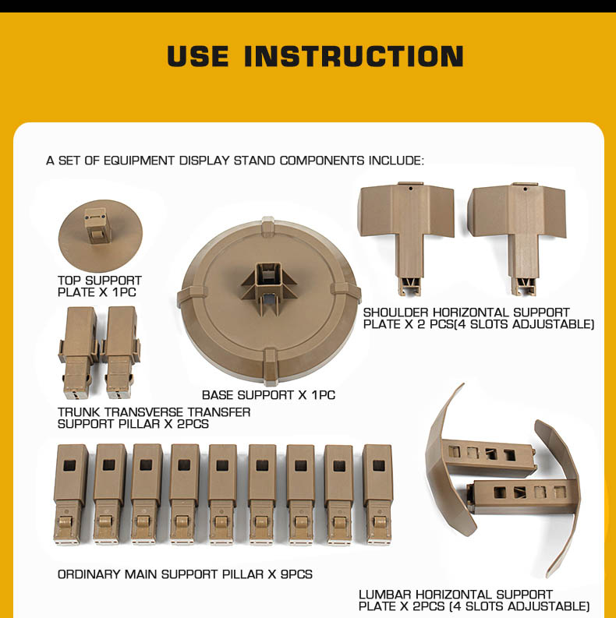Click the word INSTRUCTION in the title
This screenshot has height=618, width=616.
(x=354, y=56)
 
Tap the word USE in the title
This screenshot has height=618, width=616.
(x=197, y=56)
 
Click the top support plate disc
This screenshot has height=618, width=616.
(x=100, y=235)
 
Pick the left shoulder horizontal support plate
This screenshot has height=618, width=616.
(x=406, y=236)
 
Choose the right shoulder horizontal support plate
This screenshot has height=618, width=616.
(x=519, y=236)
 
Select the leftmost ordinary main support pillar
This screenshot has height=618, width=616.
(x=71, y=494)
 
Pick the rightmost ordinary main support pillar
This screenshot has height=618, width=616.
(x=377, y=494)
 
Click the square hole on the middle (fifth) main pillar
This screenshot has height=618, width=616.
(x=223, y=465)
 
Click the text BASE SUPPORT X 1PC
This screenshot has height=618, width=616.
(x=268, y=395)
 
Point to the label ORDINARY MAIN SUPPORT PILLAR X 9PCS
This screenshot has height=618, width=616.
(x=185, y=574)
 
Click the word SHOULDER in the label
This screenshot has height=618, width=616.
(x=396, y=313)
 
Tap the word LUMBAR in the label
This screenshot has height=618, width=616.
(x=385, y=595)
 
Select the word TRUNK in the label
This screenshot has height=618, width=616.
(x=79, y=412)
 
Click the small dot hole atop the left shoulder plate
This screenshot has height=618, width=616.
(x=410, y=189)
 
